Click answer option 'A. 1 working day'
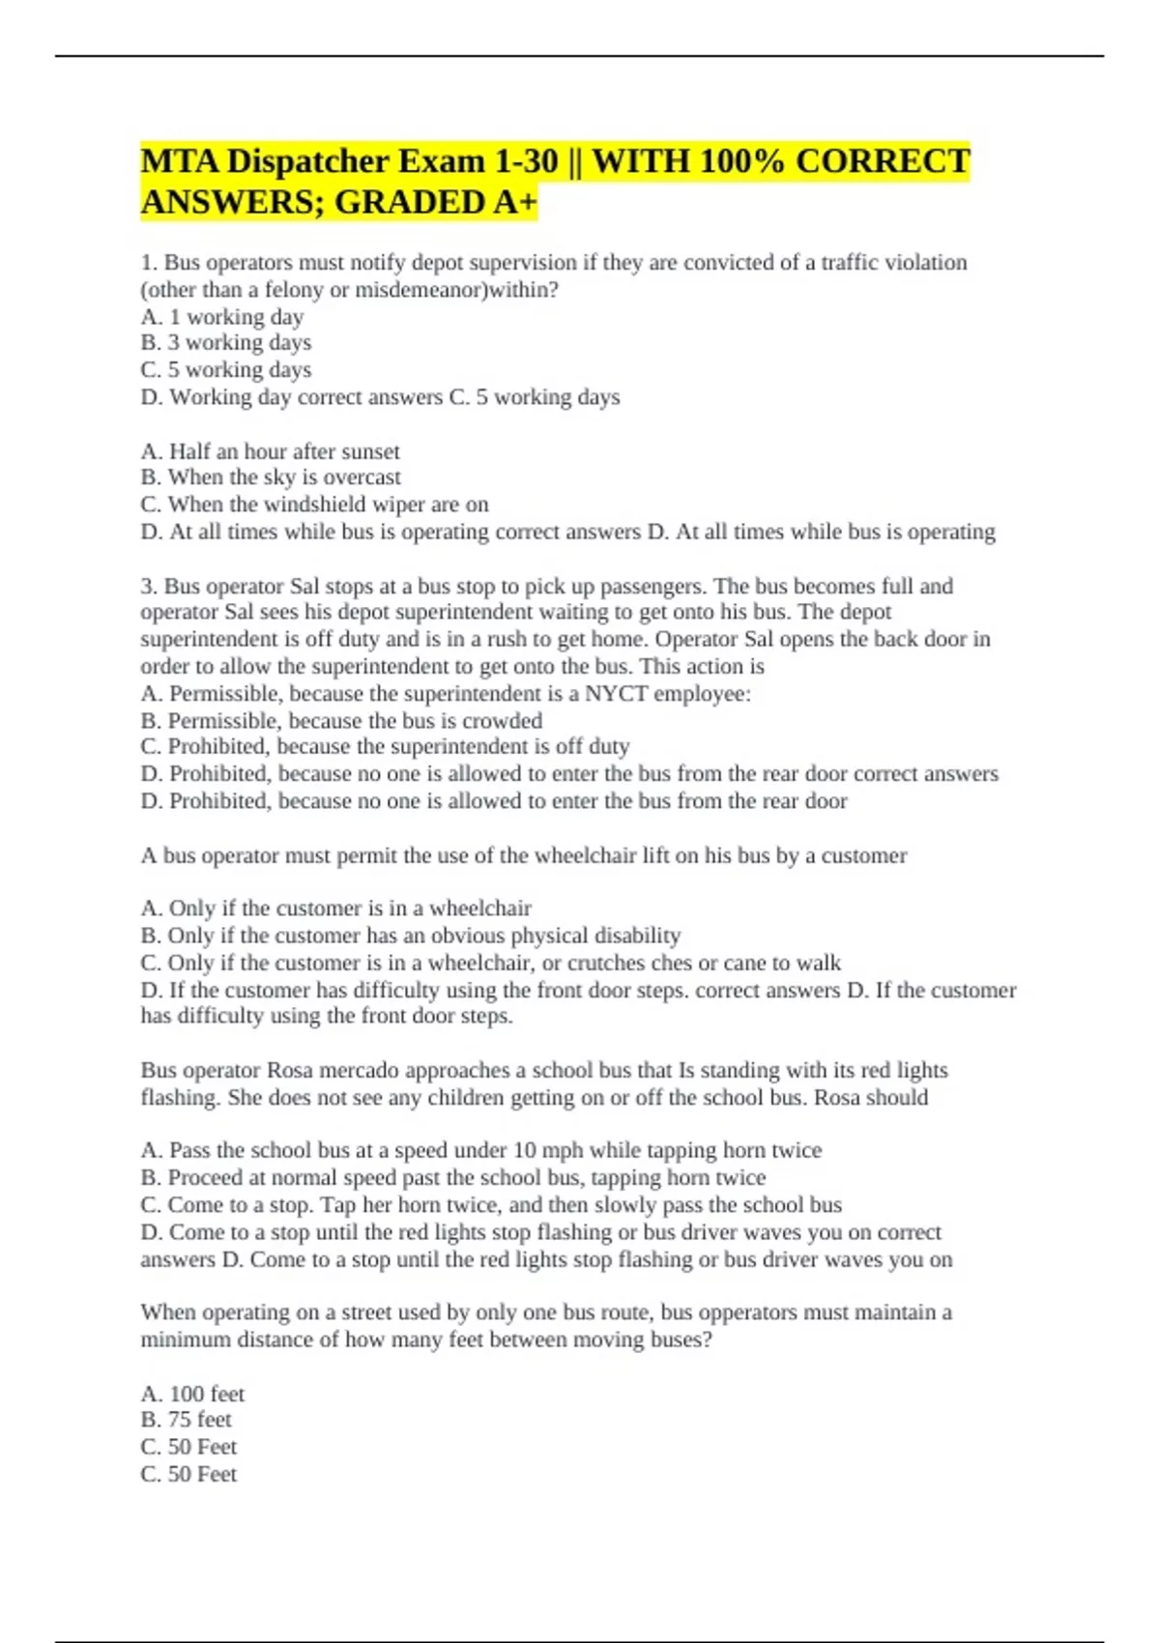click(222, 317)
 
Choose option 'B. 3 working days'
click(226, 343)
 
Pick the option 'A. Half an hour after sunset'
click(270, 451)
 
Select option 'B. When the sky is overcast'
click(271, 477)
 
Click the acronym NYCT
click(616, 694)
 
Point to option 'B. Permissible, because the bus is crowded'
click(341, 721)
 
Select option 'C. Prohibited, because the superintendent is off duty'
click(385, 747)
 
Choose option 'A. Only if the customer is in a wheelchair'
click(336, 908)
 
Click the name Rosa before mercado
click(290, 1071)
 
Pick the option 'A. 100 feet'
click(192, 1395)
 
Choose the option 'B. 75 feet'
click(186, 1420)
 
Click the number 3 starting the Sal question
click(146, 587)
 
